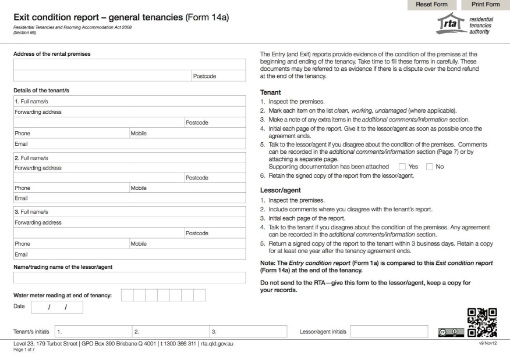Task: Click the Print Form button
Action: point(477,6)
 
